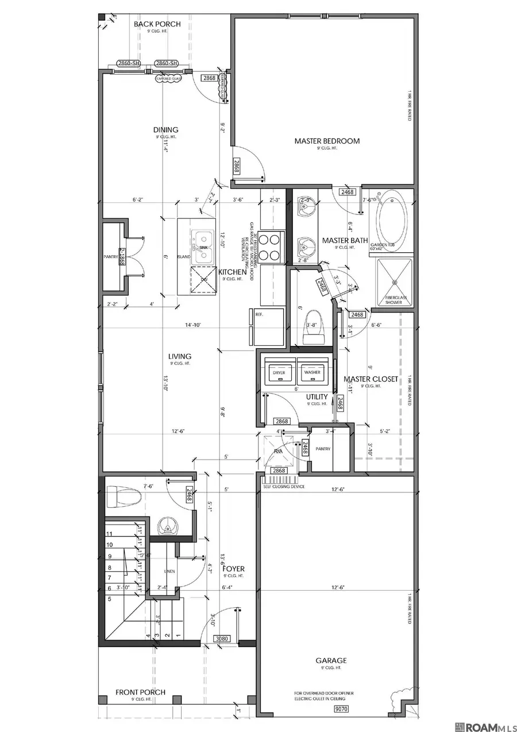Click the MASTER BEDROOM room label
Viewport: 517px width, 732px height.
327,141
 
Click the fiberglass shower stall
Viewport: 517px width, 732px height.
394,282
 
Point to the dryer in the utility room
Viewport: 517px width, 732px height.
279,372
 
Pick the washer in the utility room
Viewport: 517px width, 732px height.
312,372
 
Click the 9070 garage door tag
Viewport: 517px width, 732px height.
341,710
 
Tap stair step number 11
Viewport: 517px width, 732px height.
109,534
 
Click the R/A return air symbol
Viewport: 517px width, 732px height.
278,451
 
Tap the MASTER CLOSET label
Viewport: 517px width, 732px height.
370,379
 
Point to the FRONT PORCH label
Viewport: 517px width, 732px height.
141,692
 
